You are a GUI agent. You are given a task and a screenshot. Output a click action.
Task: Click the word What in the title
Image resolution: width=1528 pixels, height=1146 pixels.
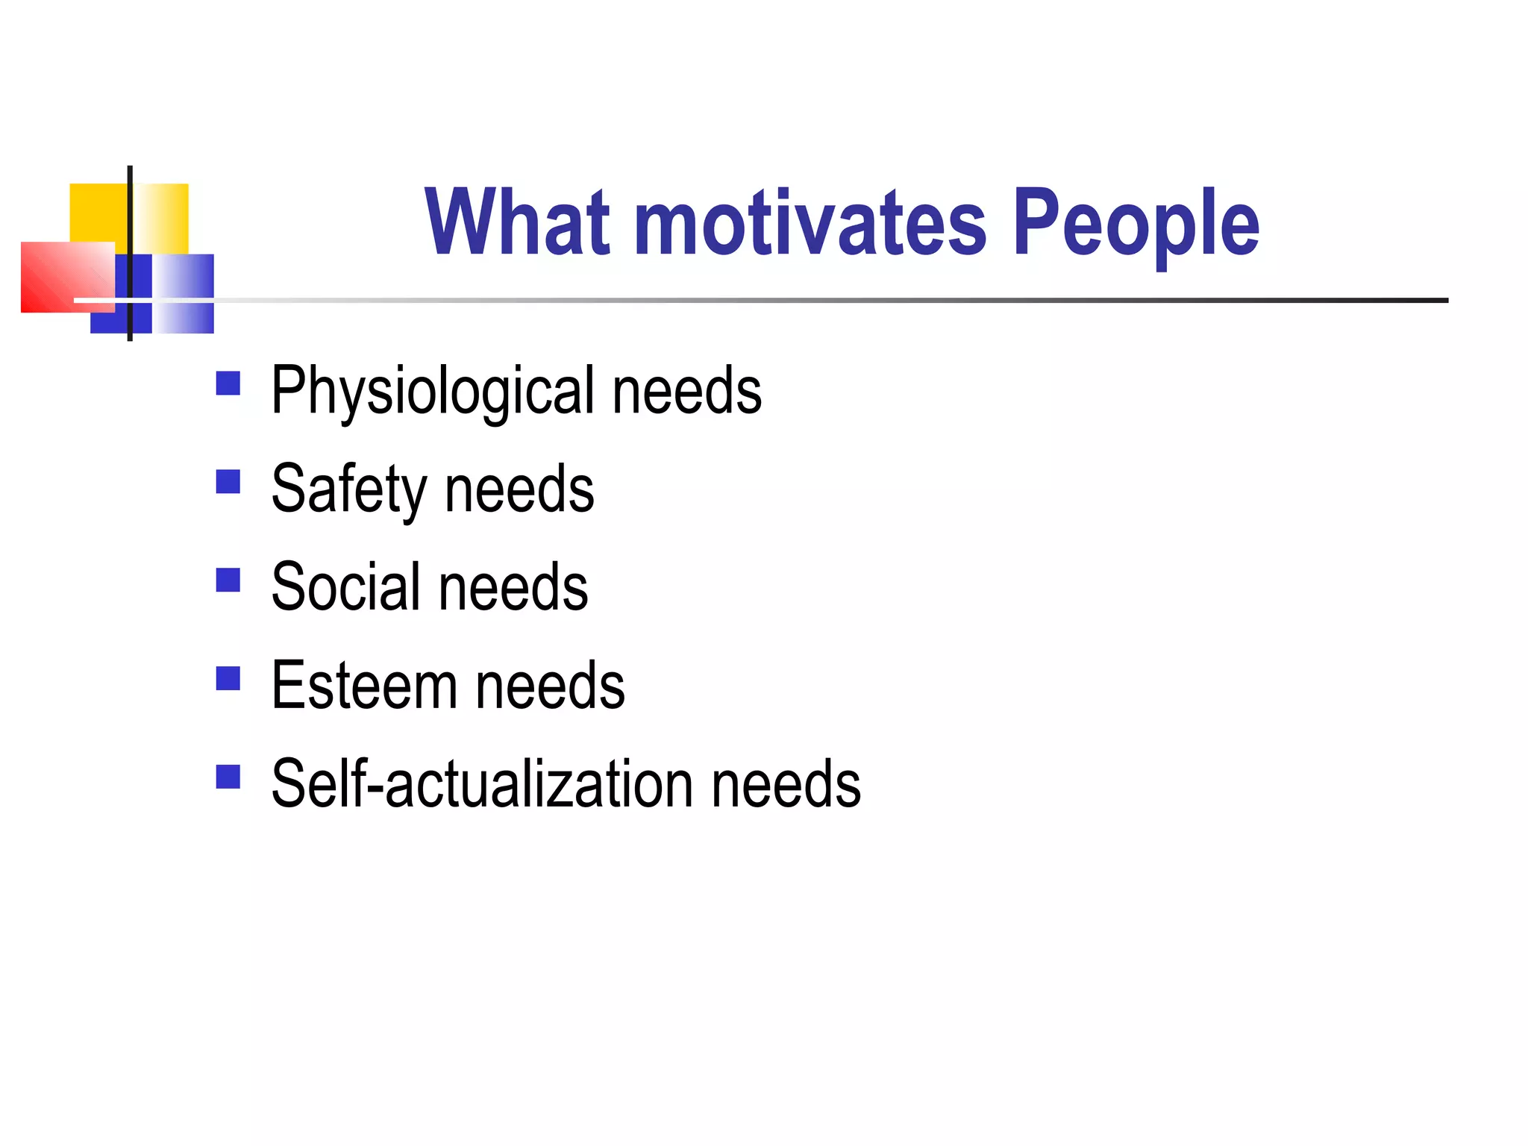517,222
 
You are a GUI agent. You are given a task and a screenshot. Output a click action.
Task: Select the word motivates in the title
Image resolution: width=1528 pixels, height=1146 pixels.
810,223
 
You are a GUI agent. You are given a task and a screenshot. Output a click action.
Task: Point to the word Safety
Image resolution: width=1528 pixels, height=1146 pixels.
348,490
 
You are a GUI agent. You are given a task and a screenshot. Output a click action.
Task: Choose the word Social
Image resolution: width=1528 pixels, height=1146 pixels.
345,588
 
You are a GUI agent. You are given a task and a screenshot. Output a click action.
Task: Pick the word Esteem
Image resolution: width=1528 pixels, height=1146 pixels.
364,686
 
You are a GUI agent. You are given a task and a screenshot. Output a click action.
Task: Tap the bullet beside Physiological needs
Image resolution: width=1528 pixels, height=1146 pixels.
228,383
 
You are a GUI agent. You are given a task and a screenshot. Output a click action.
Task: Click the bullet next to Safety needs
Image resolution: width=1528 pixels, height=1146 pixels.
228,482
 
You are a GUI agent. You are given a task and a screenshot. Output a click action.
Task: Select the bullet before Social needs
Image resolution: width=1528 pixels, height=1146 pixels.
228,580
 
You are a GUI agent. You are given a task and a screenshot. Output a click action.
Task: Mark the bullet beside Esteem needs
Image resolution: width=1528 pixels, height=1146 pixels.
228,678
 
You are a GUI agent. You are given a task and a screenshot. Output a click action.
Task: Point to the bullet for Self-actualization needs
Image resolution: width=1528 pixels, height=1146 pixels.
228,777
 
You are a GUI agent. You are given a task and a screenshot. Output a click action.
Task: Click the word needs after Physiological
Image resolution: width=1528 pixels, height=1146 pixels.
686,392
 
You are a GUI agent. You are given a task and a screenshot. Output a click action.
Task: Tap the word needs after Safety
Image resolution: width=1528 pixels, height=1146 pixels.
519,490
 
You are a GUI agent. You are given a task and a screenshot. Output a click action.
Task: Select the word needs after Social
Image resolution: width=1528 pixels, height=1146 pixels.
513,588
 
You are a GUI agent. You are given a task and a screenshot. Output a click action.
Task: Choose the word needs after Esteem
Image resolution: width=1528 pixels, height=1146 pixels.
550,686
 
